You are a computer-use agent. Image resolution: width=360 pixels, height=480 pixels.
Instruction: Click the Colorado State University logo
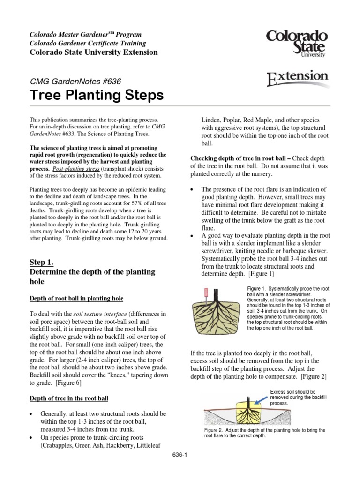click(297, 43)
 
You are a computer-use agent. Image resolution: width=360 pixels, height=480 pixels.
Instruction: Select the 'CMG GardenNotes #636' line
click(75, 82)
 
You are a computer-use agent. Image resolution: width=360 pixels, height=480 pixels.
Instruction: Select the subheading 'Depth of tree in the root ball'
click(69, 398)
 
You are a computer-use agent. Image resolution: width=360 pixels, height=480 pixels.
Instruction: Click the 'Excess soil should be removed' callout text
click(292, 394)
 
